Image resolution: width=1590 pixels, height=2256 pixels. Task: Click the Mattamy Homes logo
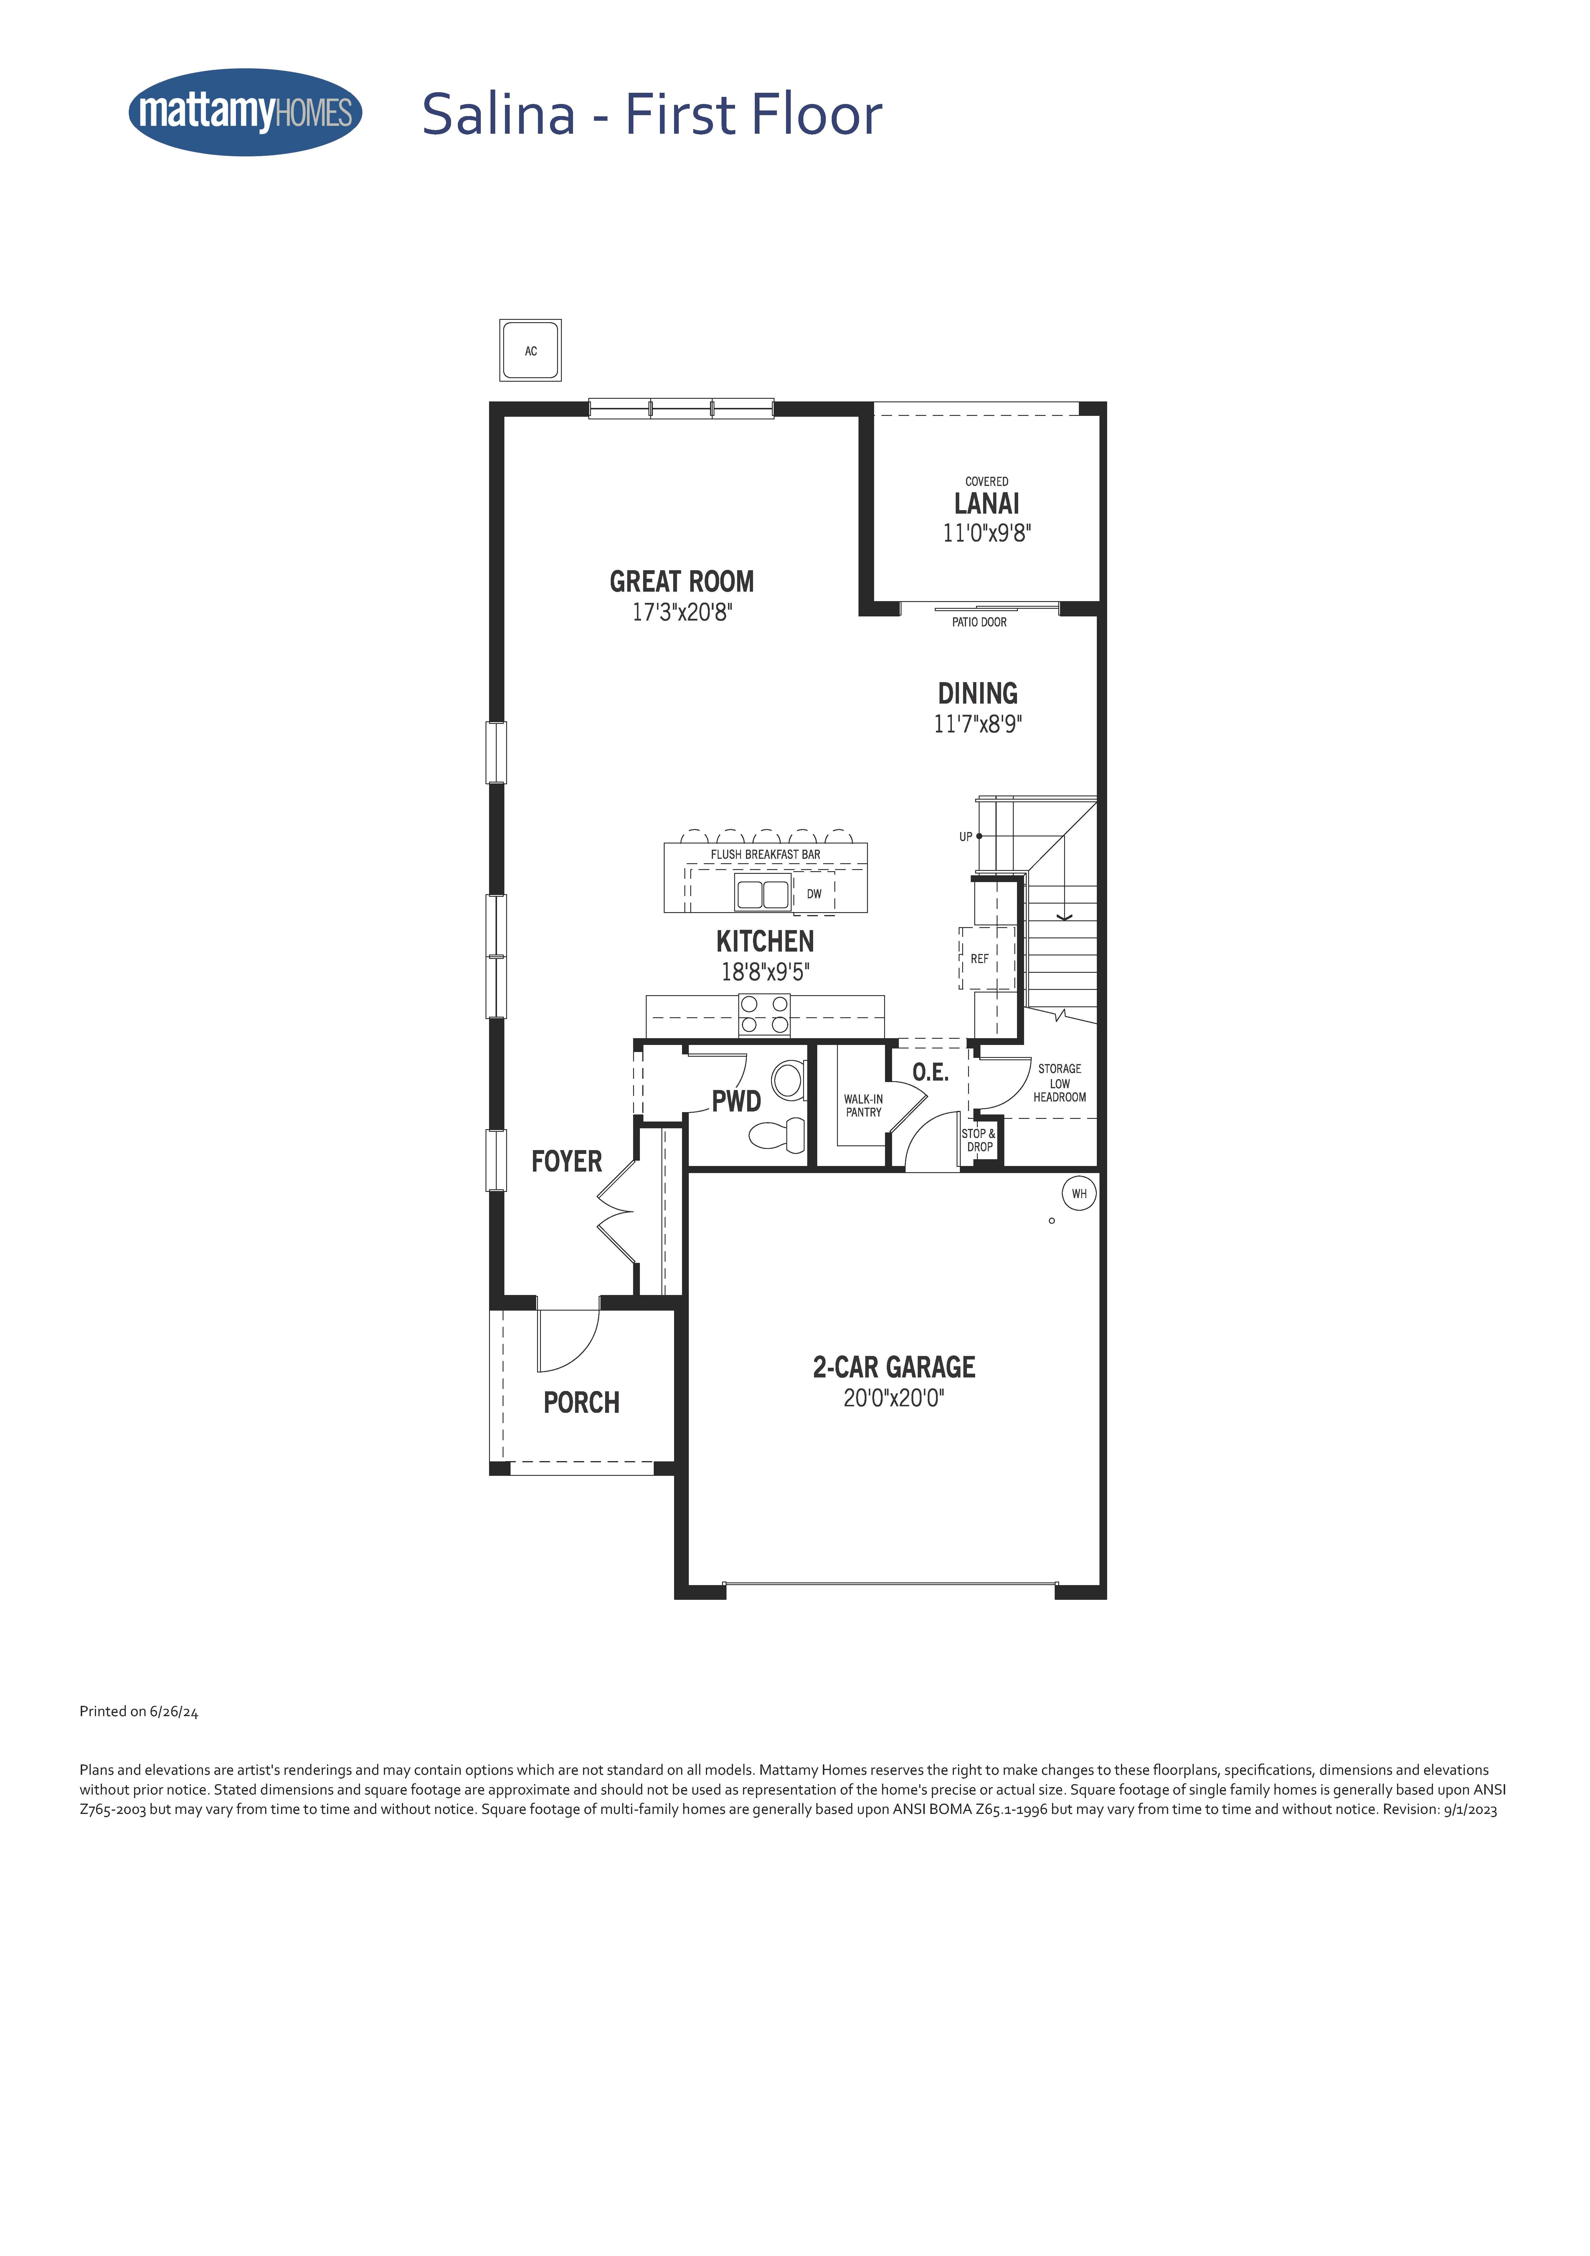pos(246,112)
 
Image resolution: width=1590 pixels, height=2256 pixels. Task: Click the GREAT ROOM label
pos(682,582)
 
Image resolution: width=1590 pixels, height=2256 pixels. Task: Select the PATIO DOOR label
pos(979,622)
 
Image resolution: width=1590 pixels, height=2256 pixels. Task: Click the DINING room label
pos(978,694)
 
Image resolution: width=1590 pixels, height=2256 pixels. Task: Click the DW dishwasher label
pos(814,894)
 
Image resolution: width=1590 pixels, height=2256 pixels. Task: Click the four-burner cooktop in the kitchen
pos(765,1015)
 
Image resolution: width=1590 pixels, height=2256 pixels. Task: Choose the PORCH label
pos(582,1402)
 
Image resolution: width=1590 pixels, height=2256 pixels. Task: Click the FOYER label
pos(567,1161)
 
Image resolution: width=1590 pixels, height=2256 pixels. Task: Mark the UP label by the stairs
pos(966,837)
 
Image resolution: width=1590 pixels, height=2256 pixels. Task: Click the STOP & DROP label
pos(979,1140)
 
